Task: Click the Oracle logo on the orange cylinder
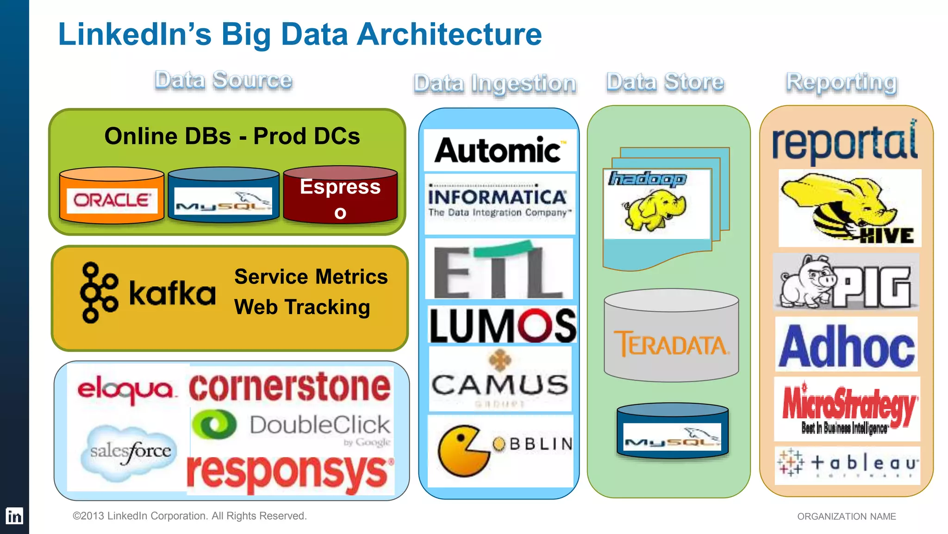coord(112,200)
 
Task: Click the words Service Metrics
coord(311,277)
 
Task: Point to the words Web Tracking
coord(302,307)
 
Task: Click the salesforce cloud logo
coord(130,451)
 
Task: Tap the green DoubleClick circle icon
coord(214,425)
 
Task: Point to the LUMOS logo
coord(503,326)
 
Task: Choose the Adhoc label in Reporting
coord(847,346)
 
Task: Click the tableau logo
coord(847,463)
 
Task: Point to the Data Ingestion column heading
coord(495,84)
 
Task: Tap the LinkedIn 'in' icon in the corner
coord(14,516)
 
